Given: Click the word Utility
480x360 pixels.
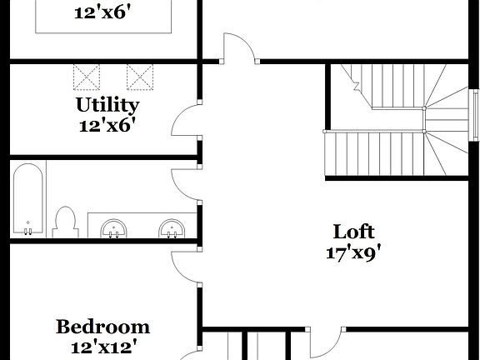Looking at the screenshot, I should point(107,106).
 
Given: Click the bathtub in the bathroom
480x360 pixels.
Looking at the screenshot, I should point(29,200).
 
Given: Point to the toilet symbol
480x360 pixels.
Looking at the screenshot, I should point(64,222).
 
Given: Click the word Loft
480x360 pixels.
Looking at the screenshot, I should point(353,232).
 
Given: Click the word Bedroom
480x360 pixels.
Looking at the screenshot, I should point(102,327).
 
